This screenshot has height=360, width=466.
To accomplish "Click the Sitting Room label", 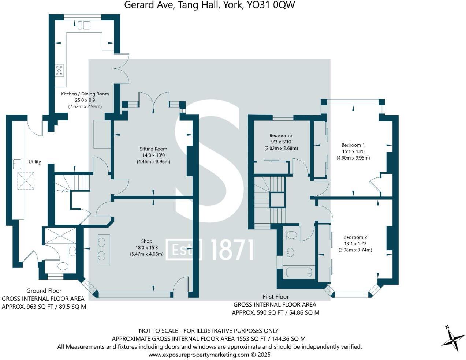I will pos(153,149).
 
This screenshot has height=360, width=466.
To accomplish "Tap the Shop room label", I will pos(146,241).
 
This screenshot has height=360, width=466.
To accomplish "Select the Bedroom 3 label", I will pos(281,135).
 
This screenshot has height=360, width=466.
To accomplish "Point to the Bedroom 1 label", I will pos(353,145).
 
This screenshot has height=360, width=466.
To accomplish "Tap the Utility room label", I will pos(35,162).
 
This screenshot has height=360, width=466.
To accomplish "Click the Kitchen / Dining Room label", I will pos(85,94).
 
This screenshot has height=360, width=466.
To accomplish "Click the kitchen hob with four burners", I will pos(59,70).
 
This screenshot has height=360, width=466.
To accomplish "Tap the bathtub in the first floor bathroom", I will pos(299,272).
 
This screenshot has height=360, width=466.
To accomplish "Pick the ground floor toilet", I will pos(63,266).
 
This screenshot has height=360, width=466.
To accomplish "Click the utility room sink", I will pos(17,164).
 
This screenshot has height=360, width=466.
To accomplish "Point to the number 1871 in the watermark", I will pos(232,250).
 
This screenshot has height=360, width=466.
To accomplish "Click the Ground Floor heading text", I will pos(44,290).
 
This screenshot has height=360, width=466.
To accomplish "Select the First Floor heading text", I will pos(276,296).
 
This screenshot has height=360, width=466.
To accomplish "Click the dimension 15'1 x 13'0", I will pos(353,151).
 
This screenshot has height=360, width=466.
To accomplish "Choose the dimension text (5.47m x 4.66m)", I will pos(146,254).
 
